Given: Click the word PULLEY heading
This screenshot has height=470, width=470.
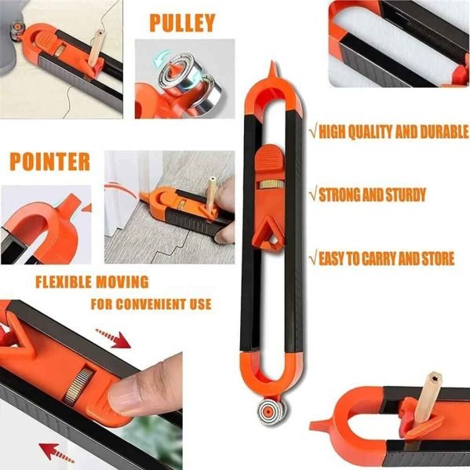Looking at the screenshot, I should coord(181,22).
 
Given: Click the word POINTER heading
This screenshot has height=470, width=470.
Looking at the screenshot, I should coord(50,162).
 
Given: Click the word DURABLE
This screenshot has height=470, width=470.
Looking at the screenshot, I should coord(435,133).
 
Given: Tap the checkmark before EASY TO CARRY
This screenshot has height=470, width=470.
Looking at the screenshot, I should coord(312,258).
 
